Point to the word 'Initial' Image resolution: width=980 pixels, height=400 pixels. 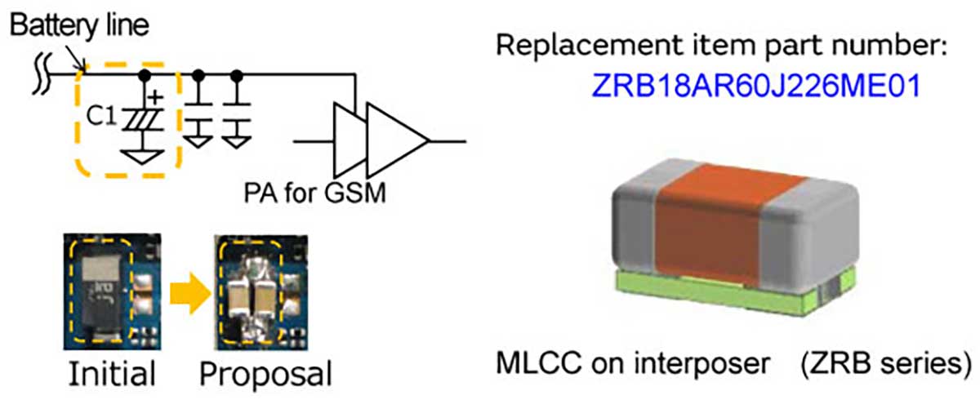pyautogui.click(x=111, y=373)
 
